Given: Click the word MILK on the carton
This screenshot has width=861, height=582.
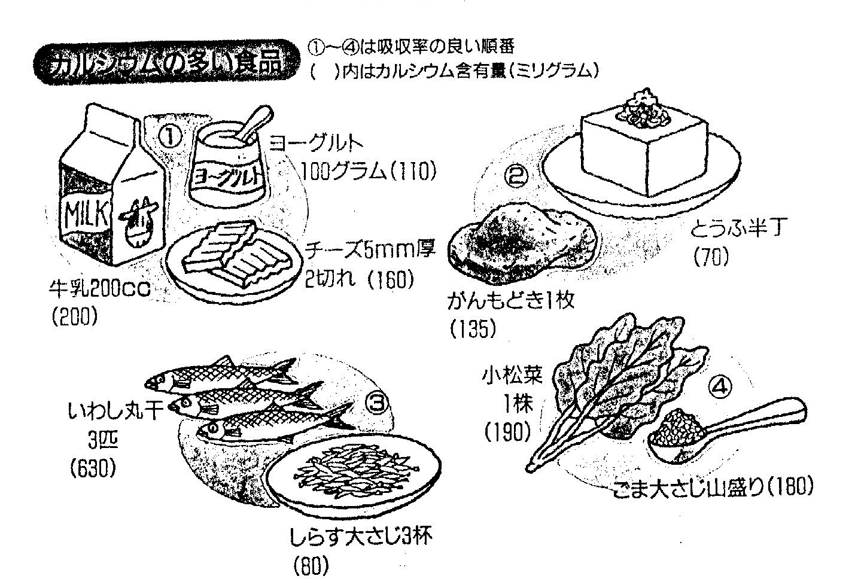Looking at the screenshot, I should click(x=86, y=211).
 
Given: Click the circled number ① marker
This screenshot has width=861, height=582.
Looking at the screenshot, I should click(x=171, y=136).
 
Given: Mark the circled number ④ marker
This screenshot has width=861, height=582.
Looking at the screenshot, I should click(x=720, y=387).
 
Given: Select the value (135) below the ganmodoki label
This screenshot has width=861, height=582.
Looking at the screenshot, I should click(x=473, y=328).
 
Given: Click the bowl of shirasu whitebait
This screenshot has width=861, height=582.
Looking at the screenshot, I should click(x=353, y=473).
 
